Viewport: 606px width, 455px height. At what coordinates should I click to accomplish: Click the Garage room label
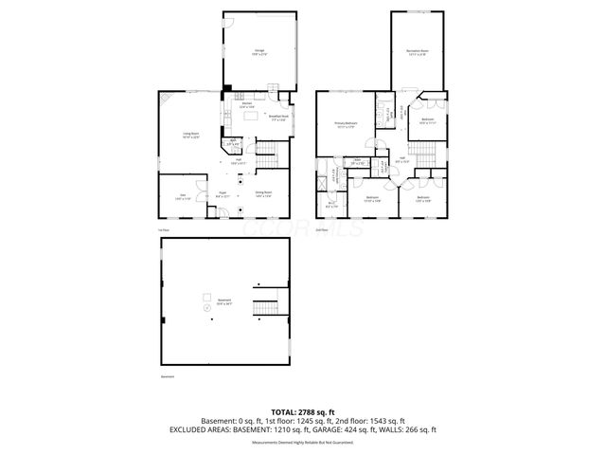[258, 53]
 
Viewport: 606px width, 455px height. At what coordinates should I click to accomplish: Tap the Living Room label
[190, 136]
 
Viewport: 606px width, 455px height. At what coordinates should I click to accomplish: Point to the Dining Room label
[263, 195]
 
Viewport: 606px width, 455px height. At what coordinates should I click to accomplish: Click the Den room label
[180, 197]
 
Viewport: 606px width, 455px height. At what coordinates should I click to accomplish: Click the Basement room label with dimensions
[223, 302]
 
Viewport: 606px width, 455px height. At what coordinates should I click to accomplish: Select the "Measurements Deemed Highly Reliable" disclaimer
[303, 443]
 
